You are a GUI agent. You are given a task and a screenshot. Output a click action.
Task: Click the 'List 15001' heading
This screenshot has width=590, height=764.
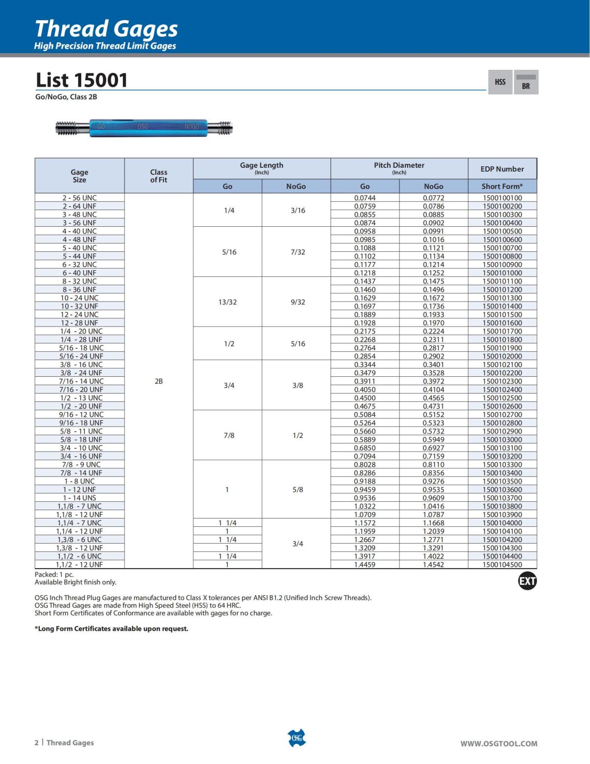pyautogui.click(x=82, y=80)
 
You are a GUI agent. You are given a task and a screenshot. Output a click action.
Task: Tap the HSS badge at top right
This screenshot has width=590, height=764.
pyautogui.click(x=500, y=82)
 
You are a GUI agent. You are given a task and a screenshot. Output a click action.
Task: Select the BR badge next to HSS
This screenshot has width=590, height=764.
pyautogui.click(x=526, y=83)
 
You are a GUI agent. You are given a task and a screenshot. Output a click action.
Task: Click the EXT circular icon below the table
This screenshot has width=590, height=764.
pyautogui.click(x=527, y=581)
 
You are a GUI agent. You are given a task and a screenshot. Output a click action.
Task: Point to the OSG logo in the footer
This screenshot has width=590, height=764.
pyautogui.click(x=296, y=738)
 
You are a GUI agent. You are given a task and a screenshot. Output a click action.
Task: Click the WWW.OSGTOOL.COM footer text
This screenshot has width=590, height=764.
pyautogui.click(x=499, y=743)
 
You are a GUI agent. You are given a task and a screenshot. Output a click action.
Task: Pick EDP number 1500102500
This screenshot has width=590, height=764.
pyautogui.click(x=502, y=397)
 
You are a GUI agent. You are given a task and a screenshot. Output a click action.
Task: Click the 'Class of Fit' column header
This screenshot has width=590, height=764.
pyautogui.click(x=158, y=176)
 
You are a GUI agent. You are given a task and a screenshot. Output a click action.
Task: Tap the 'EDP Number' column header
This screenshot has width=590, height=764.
pyautogui.click(x=502, y=169)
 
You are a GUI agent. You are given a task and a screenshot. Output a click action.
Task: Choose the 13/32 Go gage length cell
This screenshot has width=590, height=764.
pyautogui.click(x=227, y=302)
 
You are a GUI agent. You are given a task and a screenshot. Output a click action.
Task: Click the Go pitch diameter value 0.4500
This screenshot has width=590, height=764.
pyautogui.click(x=365, y=397)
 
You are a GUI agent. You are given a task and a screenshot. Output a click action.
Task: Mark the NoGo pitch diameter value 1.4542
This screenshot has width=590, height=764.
pyautogui.click(x=433, y=564)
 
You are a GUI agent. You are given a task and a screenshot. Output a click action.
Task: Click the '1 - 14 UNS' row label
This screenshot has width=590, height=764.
pyautogui.click(x=79, y=498)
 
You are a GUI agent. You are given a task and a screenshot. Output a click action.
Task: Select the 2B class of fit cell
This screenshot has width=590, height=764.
pyautogui.click(x=158, y=381)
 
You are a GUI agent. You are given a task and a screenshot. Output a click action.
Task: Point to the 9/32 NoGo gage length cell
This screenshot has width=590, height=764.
pyautogui.click(x=297, y=302)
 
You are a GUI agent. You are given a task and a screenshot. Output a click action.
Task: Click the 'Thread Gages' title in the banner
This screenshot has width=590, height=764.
pyautogui.click(x=106, y=29)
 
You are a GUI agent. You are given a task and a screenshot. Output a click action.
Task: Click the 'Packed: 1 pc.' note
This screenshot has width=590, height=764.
pyautogui.click(x=54, y=574)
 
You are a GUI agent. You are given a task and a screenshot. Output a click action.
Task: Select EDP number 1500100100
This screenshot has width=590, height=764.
pyautogui.click(x=502, y=198)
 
